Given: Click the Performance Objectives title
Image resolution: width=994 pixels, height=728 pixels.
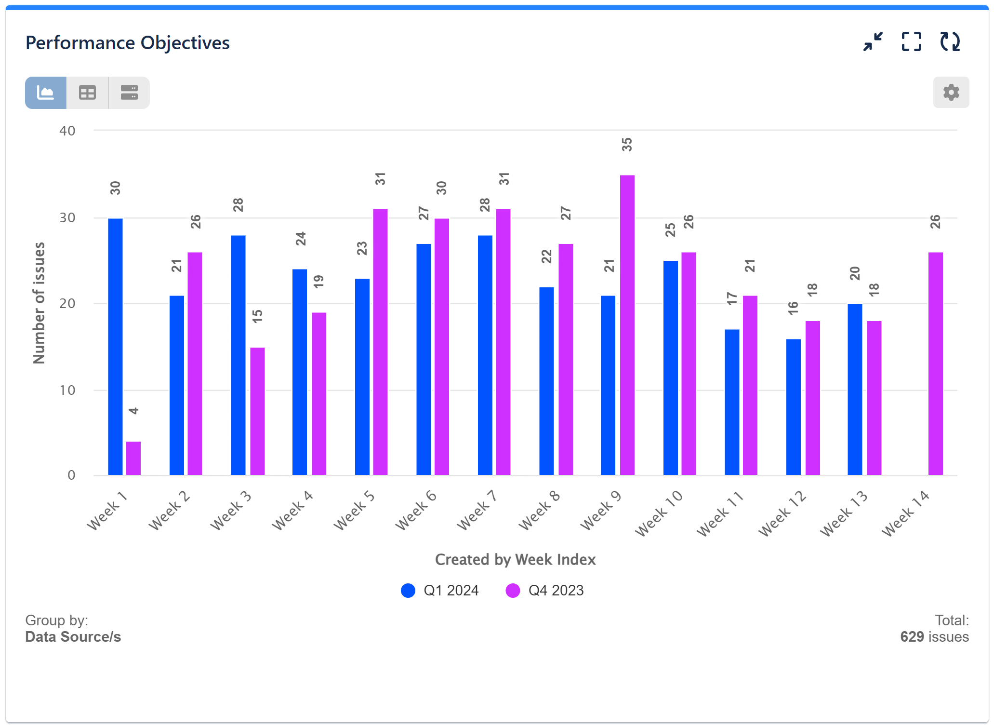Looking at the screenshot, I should pos(127,43).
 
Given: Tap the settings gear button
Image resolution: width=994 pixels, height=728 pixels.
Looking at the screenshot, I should pos(951,92).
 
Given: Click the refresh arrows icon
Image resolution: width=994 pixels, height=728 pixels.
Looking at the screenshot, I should pos(950,42).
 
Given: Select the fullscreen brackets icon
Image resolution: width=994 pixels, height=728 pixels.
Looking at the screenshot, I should pos(911,42).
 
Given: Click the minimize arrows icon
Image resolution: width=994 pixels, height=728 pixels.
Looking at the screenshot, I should pos(873,42).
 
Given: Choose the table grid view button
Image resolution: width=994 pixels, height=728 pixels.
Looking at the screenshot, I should pos(87,93).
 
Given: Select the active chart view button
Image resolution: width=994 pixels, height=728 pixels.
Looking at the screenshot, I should pos(46,93).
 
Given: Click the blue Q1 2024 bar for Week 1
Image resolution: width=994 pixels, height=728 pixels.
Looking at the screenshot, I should pos(115,347).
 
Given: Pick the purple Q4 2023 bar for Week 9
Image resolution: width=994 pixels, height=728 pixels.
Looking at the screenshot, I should pos(627,325).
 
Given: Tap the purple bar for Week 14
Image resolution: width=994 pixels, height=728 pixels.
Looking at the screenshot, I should pos(935,364).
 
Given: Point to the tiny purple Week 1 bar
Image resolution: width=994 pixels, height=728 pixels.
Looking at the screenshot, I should pos(133,458).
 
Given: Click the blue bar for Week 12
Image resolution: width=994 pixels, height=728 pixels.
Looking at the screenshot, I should pos(793,407).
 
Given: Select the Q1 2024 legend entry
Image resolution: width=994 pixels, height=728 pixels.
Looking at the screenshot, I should pos(440,591).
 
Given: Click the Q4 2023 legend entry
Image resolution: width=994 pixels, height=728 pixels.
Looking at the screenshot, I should pos(545,591).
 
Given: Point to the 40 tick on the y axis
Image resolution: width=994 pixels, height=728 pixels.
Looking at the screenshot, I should pos(67,131).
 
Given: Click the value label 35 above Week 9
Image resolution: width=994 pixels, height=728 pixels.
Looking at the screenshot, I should pos(626,145).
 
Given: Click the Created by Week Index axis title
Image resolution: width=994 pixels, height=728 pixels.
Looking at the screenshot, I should pos(515,559).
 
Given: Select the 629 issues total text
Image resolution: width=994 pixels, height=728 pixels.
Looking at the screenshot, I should pos(934,636).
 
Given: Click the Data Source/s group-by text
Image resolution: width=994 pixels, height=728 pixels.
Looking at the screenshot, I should pos(73,637).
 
